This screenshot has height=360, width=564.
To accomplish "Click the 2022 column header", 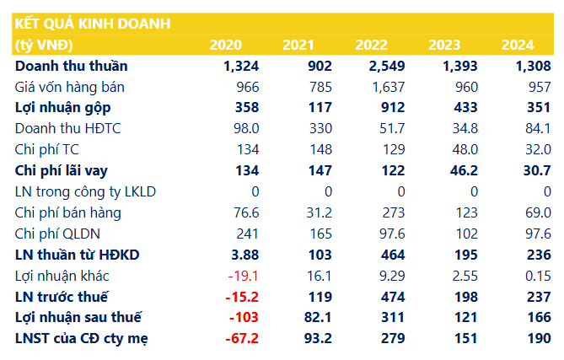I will [x=371, y=45].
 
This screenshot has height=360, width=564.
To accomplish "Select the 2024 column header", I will [x=518, y=45].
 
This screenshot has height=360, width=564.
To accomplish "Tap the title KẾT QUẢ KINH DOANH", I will [x=93, y=24].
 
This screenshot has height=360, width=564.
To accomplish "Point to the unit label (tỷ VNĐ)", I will [x=44, y=45].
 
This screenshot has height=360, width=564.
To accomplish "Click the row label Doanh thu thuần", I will [x=73, y=66].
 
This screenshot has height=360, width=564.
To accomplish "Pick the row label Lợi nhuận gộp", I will [x=63, y=107].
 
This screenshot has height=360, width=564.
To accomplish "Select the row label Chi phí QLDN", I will [x=58, y=234].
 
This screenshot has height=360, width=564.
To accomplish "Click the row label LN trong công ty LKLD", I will [x=85, y=191].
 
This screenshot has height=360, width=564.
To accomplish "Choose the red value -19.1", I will [x=243, y=276].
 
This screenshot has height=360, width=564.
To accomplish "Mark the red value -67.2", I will [x=241, y=338].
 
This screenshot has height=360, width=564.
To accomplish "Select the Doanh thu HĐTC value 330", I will [x=319, y=128].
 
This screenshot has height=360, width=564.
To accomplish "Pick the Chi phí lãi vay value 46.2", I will [x=462, y=170].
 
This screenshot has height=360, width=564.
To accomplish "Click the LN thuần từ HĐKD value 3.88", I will [x=243, y=255].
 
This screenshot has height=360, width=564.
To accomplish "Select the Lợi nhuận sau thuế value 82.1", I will [x=316, y=318].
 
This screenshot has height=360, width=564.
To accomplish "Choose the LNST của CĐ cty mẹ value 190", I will [x=537, y=338].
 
